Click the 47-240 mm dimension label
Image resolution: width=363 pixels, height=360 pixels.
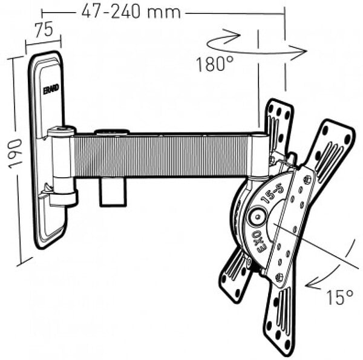click(x=131, y=12)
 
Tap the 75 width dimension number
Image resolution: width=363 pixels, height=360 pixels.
click(x=44, y=30)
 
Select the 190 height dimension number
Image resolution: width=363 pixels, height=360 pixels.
click(x=15, y=154)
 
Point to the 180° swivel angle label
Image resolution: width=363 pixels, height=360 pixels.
click(x=215, y=64)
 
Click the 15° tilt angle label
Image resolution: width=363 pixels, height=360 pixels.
click(x=339, y=297)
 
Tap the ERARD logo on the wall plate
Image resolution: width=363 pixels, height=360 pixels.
click(x=51, y=89)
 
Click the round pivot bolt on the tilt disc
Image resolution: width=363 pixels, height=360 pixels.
click(x=257, y=217)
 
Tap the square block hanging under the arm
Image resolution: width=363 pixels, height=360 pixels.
click(x=113, y=192)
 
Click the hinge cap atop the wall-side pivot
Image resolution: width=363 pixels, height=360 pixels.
click(x=61, y=131)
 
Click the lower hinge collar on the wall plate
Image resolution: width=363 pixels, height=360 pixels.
click(x=63, y=199)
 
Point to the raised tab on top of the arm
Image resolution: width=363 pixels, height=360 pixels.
click(x=111, y=132)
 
